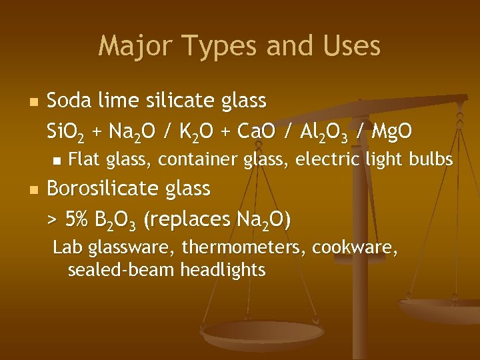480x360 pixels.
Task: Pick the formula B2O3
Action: coord(117,219)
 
